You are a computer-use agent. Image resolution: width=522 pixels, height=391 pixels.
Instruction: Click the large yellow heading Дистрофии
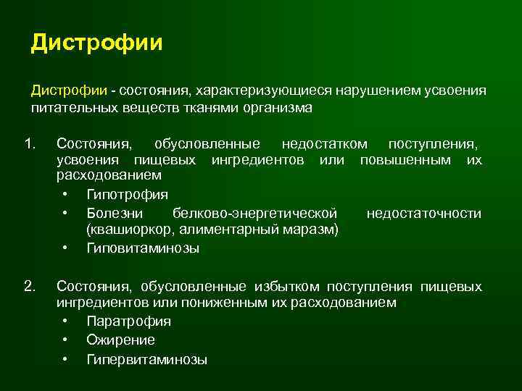click(96, 42)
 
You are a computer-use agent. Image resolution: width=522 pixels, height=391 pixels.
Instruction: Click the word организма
click(276, 109)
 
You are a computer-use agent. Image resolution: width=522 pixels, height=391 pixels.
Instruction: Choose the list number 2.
click(29, 287)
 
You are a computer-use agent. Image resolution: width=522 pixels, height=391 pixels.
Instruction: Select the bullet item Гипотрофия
click(127, 195)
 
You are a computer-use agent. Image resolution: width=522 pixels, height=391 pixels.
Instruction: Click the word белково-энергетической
click(255, 213)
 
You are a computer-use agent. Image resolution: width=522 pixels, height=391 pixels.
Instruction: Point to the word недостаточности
click(423, 213)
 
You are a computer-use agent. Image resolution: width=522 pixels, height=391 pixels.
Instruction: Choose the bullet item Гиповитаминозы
click(143, 248)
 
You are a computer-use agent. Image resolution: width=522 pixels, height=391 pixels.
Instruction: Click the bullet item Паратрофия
click(128, 321)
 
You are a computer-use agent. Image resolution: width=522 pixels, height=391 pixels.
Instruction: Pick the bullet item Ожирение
click(120, 340)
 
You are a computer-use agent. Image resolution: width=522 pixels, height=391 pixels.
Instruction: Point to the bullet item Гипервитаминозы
click(146, 358)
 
